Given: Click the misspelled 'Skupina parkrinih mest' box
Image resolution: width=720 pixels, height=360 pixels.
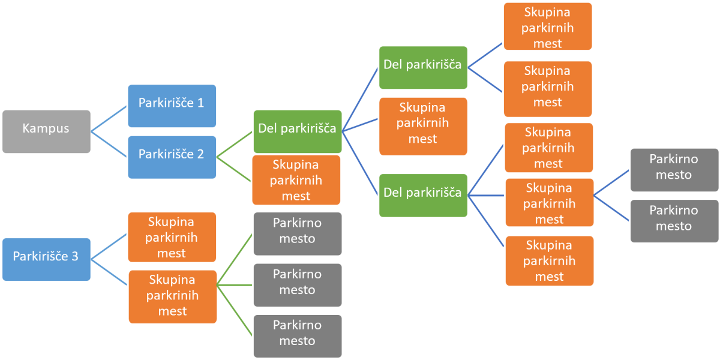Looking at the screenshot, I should pos(172,296).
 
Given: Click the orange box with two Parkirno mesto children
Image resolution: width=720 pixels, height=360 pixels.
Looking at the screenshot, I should pos(549,203).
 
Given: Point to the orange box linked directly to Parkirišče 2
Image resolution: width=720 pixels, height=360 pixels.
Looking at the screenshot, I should pos(296,180).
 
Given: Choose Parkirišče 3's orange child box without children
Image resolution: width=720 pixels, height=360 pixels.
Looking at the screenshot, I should pos(172,237).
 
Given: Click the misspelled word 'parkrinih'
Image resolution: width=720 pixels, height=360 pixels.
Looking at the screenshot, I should pos(172,296).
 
